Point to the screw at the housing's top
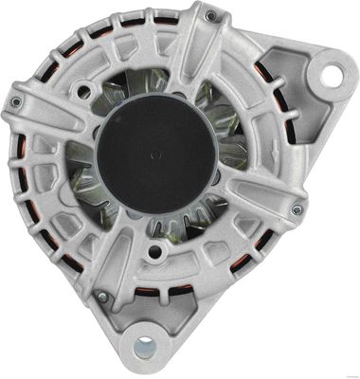pos(209,16)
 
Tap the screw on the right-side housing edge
pos(297,209)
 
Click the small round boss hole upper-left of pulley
pos(86,91)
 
